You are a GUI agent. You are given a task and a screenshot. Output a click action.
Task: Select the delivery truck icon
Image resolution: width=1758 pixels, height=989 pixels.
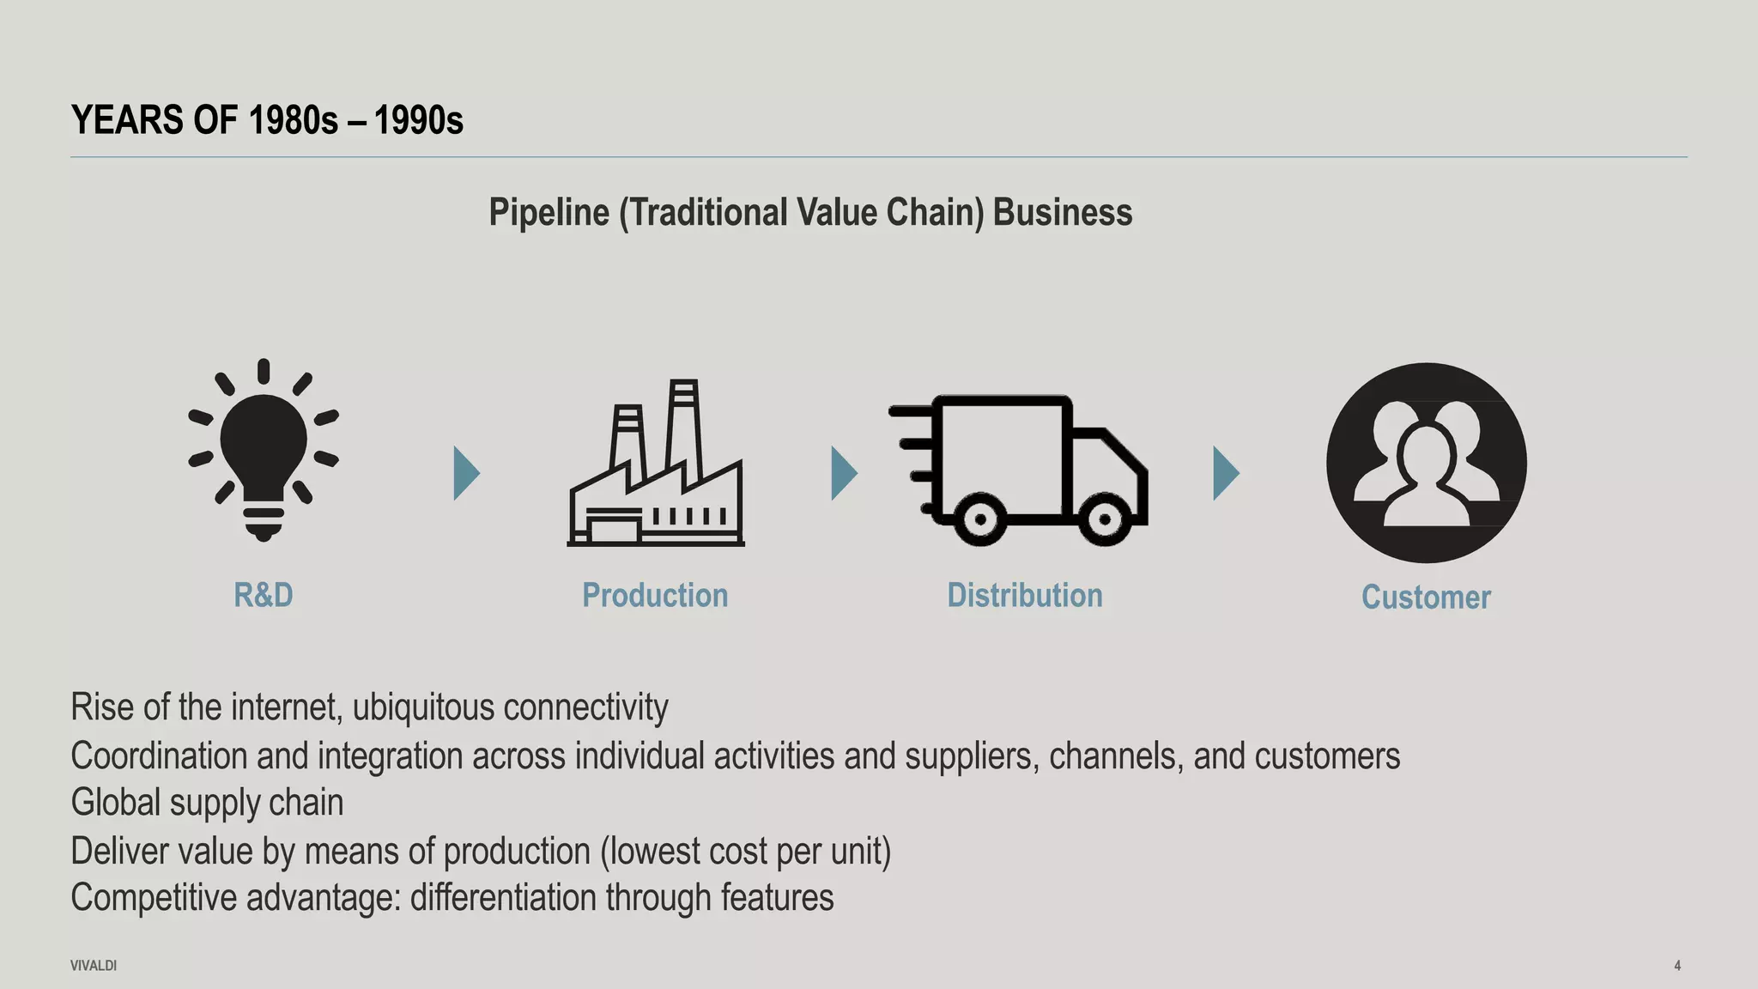pyautogui.click(x=1020, y=468)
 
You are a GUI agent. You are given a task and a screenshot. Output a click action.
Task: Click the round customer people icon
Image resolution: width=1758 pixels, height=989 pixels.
pyautogui.click(x=1426, y=463)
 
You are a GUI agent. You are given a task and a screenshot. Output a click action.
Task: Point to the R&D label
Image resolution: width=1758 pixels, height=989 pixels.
pyautogui.click(x=264, y=595)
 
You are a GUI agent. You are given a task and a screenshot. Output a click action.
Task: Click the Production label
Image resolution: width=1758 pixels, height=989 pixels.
pyautogui.click(x=655, y=595)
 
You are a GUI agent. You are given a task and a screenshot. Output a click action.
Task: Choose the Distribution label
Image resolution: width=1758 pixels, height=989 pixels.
pyautogui.click(x=1025, y=595)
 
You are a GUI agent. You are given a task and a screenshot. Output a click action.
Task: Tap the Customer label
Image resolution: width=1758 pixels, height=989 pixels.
pyautogui.click(x=1426, y=597)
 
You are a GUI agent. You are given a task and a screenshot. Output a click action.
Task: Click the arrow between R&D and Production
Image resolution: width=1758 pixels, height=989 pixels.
pyautogui.click(x=465, y=473)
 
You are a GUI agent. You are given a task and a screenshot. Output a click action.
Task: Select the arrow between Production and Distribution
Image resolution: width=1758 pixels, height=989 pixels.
pyautogui.click(x=843, y=473)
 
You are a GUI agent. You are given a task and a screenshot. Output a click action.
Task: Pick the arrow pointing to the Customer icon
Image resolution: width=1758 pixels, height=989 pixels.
pyautogui.click(x=1225, y=473)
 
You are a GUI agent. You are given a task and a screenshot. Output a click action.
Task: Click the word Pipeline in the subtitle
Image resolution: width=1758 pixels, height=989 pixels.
pyautogui.click(x=549, y=212)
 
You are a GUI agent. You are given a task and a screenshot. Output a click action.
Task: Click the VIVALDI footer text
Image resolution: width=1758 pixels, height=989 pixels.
pyautogui.click(x=94, y=966)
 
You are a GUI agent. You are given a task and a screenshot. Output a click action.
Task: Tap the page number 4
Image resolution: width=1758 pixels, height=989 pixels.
pyautogui.click(x=1677, y=966)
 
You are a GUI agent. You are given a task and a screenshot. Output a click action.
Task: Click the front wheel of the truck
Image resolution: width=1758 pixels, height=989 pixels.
pyautogui.click(x=1105, y=519)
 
